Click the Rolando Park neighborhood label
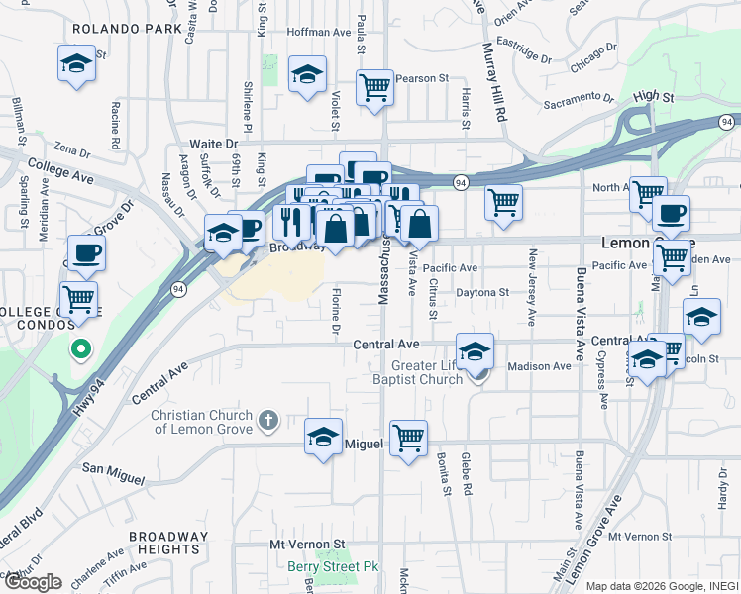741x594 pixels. pos(127,30)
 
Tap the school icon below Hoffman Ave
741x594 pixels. pos(307,75)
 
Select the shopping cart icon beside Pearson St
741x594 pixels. pos(375,88)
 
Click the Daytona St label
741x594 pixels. pos(481,292)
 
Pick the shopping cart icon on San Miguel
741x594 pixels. pos(408,438)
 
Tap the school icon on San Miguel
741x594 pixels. pos(323,438)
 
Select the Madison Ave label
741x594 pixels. pos(539,366)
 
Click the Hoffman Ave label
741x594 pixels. pos(319,32)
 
